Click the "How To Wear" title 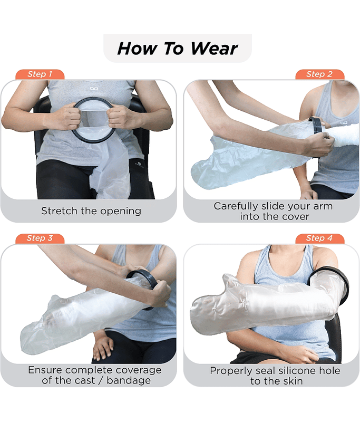pyautogui.click(x=178, y=49)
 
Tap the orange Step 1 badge pyautogui.click(x=40, y=74)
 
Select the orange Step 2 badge pyautogui.click(x=319, y=74)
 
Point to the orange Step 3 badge pyautogui.click(x=40, y=238)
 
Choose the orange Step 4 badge pyautogui.click(x=319, y=238)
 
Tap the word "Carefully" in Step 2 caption pyautogui.click(x=236, y=206)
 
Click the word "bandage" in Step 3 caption pyautogui.click(x=129, y=380)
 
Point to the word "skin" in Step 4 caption pyautogui.click(x=293, y=381)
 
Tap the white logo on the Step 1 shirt pyautogui.click(x=94, y=88)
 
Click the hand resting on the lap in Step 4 pyautogui.click(x=298, y=353)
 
